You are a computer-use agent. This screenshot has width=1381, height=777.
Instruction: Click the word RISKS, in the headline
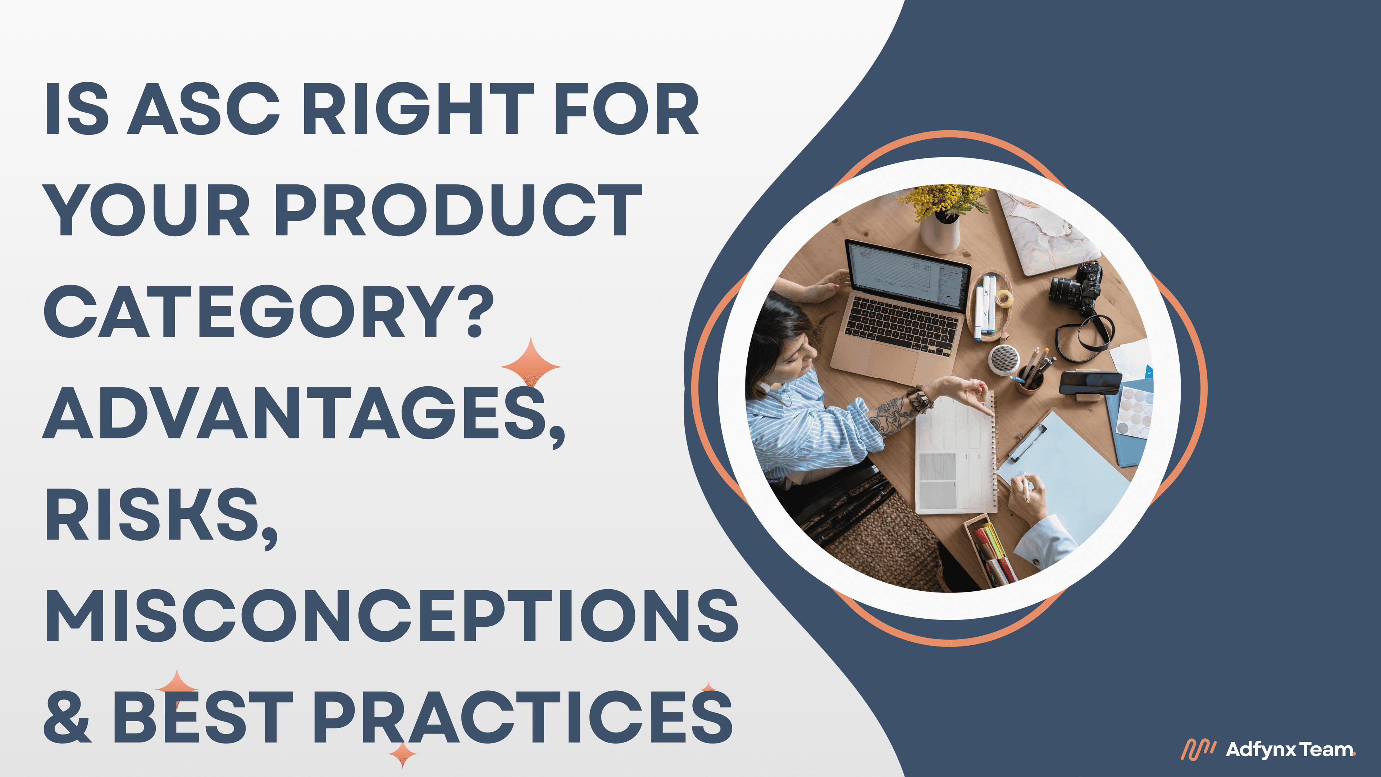click(x=161, y=516)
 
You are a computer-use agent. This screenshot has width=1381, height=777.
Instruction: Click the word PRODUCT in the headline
click(x=459, y=210)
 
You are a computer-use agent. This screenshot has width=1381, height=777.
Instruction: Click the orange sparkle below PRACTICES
click(x=402, y=755)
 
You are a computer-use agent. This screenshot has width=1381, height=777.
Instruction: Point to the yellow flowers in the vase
click(x=944, y=201)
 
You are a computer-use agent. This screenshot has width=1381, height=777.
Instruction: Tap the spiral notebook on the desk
click(x=954, y=456)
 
